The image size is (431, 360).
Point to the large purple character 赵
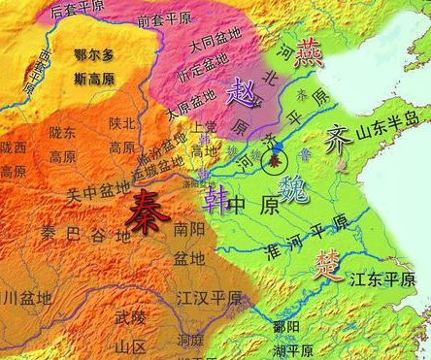click(240, 94)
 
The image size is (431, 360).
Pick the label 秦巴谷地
click(76, 235)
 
